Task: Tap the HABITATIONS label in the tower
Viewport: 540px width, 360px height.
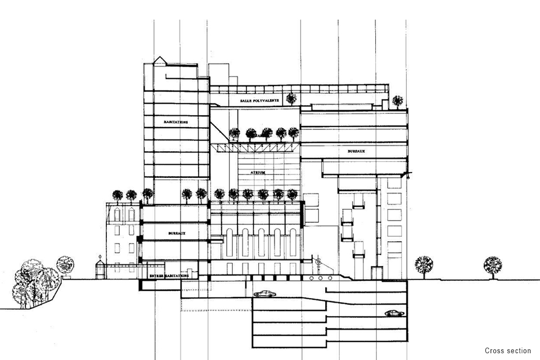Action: pyautogui.click(x=176, y=121)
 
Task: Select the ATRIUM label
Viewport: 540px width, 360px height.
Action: pyautogui.click(x=258, y=173)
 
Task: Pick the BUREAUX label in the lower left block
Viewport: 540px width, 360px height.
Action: pyautogui.click(x=176, y=232)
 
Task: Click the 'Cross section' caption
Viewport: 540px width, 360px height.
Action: pyautogui.click(x=507, y=350)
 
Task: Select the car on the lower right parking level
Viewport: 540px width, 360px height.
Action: pyautogui.click(x=391, y=313)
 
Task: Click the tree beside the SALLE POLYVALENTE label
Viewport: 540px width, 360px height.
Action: pyautogui.click(x=291, y=98)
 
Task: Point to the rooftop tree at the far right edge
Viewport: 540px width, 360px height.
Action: pyautogui.click(x=398, y=101)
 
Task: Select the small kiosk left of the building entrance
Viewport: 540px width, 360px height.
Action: pyautogui.click(x=100, y=269)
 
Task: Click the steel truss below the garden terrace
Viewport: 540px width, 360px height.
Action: pyautogui.click(x=254, y=147)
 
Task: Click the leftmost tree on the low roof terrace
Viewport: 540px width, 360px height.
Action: pyautogui.click(x=118, y=196)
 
